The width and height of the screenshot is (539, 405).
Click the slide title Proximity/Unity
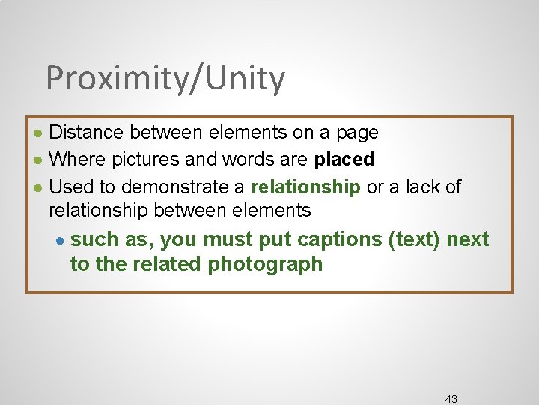pyautogui.click(x=165, y=79)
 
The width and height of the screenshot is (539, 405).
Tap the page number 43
pyautogui.click(x=451, y=398)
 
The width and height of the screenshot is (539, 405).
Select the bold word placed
pyautogui.click(x=344, y=160)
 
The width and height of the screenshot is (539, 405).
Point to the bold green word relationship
pyautogui.click(x=306, y=187)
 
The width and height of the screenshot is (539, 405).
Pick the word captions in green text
pyautogui.click(x=338, y=240)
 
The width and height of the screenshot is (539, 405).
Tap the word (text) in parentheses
pyautogui.click(x=415, y=240)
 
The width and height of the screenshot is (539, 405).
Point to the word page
pyautogui.click(x=356, y=133)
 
